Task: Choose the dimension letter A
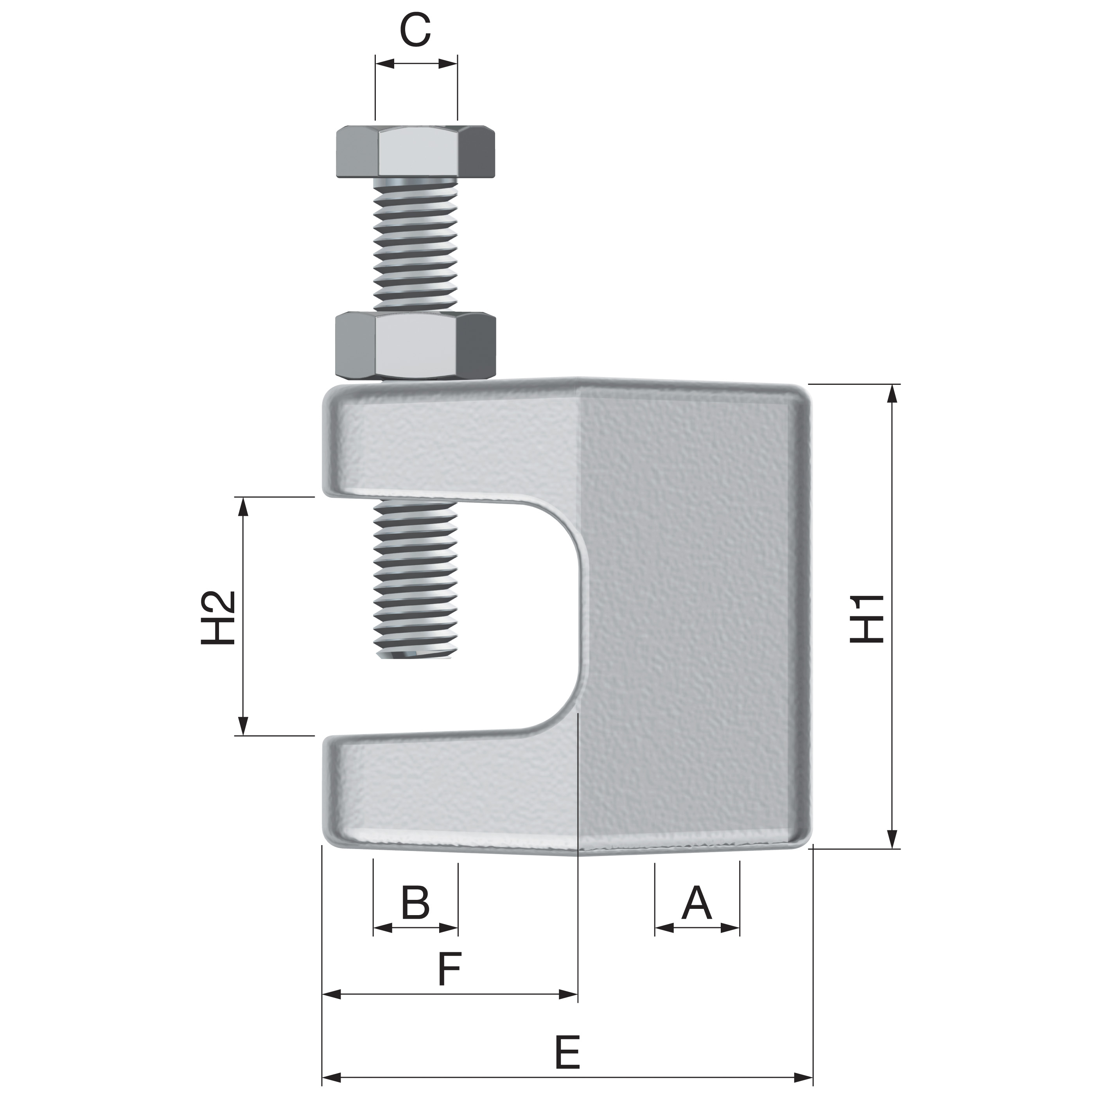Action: click(696, 903)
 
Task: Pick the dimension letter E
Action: click(567, 1051)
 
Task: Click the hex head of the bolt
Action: click(415, 151)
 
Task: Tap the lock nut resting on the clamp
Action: click(415, 346)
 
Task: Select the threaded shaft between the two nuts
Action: click(415, 244)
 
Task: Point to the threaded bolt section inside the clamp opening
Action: click(415, 578)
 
